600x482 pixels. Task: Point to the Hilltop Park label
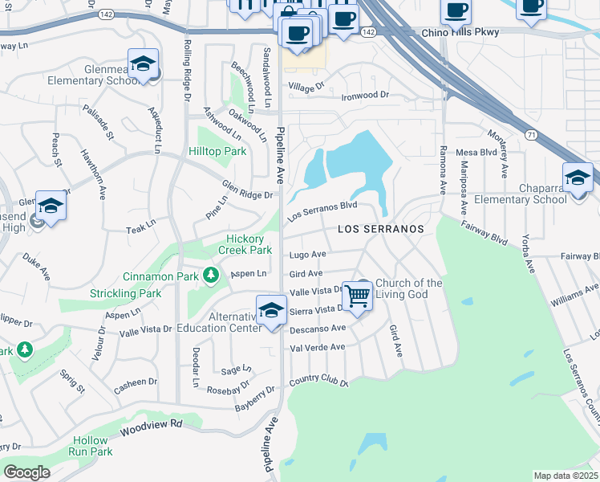pyautogui.click(x=217, y=151)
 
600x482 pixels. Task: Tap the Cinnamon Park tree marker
pyautogui.click(x=211, y=277)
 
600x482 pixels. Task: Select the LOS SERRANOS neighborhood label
pyautogui.click(x=380, y=229)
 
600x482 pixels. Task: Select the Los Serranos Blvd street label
pyautogui.click(x=322, y=210)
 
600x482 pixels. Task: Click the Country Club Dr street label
pyautogui.click(x=318, y=379)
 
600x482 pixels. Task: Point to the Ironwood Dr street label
pyautogui.click(x=365, y=95)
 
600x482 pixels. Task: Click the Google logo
pyautogui.click(x=26, y=472)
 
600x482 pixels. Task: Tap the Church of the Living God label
pyautogui.click(x=409, y=288)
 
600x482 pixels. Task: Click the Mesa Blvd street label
pyautogui.click(x=477, y=152)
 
